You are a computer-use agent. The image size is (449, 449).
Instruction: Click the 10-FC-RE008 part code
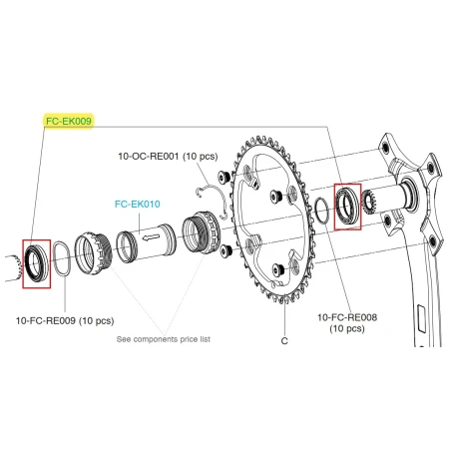click(347, 317)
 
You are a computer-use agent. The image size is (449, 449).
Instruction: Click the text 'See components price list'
click(165, 339)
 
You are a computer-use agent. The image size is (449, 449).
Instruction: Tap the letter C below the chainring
click(285, 340)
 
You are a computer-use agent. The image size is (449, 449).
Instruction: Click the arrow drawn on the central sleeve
click(150, 239)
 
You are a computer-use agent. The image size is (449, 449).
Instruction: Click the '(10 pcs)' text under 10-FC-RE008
click(347, 329)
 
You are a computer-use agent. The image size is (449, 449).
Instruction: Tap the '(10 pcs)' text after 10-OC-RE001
click(198, 157)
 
